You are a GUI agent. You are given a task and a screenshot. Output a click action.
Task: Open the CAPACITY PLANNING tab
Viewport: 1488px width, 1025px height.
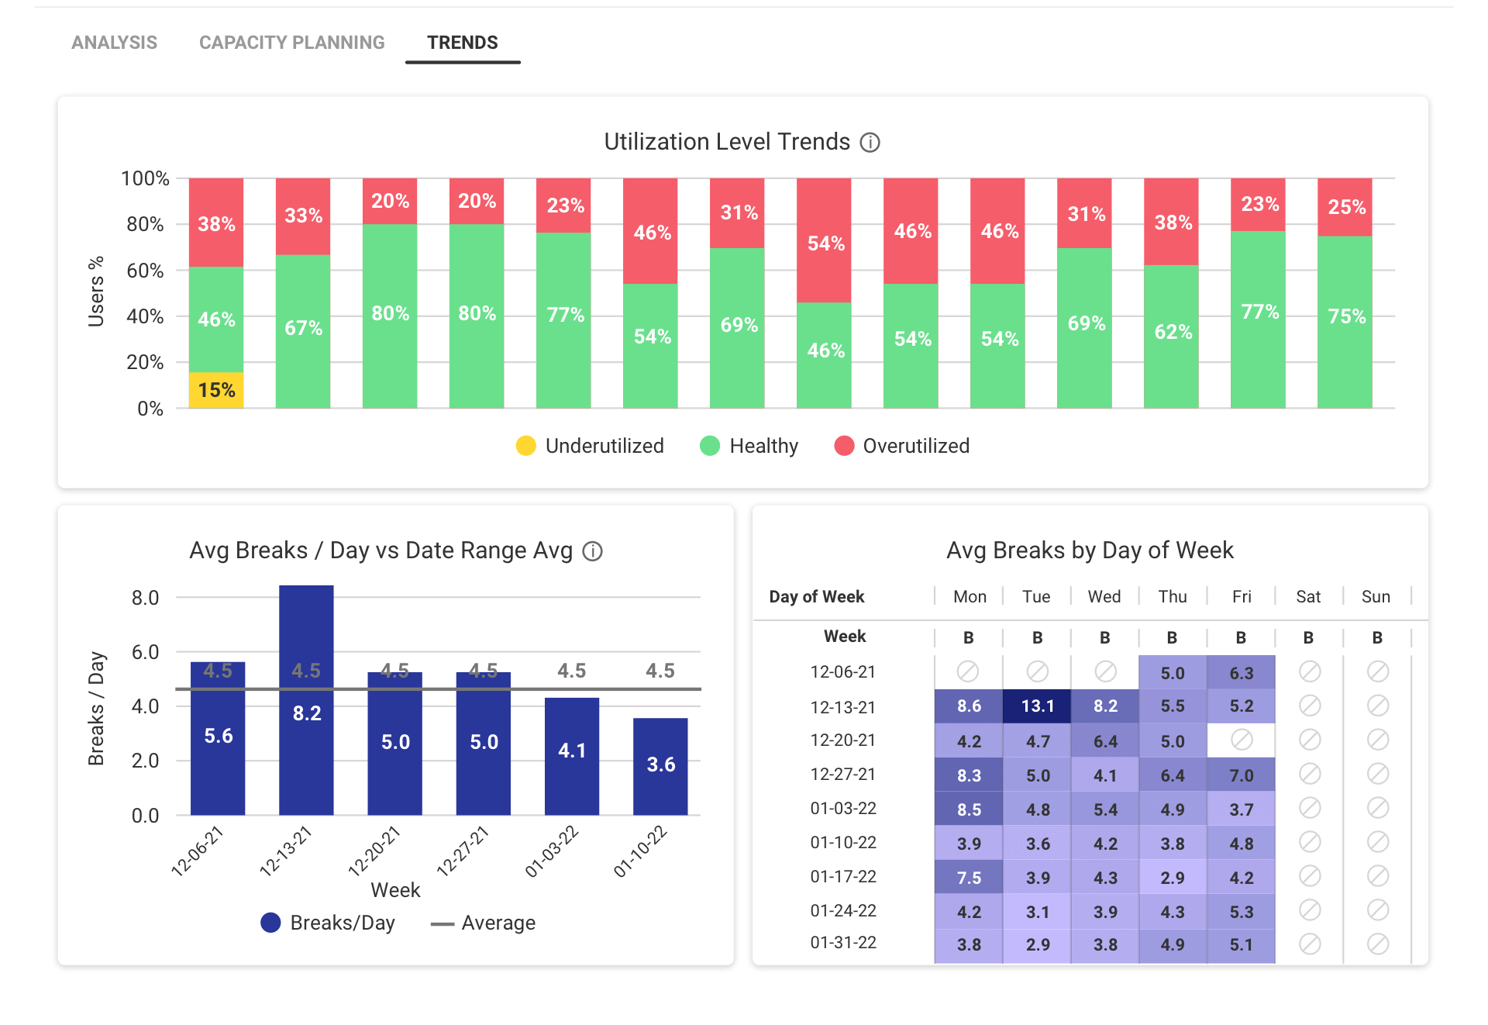coord(291,43)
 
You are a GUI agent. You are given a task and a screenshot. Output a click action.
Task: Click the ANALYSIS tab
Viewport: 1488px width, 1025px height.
coord(114,43)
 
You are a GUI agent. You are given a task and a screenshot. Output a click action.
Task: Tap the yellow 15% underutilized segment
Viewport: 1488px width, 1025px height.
coord(216,390)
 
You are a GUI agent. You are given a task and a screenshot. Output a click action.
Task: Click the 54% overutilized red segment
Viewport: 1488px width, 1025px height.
coord(824,240)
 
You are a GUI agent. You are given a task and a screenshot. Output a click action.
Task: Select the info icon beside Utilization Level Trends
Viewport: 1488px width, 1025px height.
coord(870,143)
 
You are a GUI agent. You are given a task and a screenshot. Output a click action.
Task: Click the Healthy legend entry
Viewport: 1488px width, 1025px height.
coord(749,446)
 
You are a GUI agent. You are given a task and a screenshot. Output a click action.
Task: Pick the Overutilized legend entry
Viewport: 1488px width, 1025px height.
coord(901,446)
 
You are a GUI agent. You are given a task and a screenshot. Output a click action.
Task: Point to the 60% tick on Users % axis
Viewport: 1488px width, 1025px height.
coord(145,271)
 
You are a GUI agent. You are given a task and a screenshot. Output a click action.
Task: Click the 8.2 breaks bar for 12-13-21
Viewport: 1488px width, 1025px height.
coord(306,700)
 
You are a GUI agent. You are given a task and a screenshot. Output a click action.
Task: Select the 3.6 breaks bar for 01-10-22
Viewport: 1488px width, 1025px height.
coord(660,767)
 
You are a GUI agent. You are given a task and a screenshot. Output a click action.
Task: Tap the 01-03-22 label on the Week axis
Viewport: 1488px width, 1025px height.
coord(552,851)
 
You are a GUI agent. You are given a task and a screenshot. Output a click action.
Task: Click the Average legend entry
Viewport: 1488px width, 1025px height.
coord(483,923)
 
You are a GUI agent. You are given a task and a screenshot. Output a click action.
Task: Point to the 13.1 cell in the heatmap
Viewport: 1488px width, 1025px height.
coord(1037,706)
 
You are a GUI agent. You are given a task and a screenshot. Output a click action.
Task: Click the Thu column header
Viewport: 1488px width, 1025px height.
coord(1173,596)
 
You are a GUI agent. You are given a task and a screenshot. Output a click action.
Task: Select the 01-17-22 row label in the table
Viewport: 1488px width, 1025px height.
coord(843,876)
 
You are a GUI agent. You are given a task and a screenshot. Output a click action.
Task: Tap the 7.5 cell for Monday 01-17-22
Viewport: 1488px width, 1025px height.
coord(969,877)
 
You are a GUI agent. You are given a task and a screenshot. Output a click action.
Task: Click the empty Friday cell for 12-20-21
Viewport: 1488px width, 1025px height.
coord(1242,740)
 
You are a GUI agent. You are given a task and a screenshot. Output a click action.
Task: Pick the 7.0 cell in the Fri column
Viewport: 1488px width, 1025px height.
coord(1242,775)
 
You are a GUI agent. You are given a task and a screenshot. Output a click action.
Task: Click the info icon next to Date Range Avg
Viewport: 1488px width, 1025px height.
coord(593,551)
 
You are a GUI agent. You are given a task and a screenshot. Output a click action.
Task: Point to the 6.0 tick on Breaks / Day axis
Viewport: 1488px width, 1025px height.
coord(145,652)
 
